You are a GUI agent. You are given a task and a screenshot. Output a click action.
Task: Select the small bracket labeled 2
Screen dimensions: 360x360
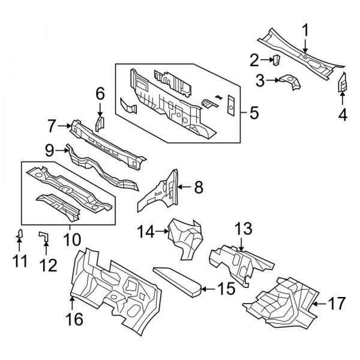click(x=277, y=60)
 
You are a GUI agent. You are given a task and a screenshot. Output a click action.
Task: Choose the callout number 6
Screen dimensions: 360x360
click(x=100, y=93)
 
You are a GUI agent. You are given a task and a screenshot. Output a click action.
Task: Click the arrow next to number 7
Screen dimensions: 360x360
click(x=64, y=125)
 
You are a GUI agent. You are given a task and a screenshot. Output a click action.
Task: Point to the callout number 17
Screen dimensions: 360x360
click(x=337, y=303)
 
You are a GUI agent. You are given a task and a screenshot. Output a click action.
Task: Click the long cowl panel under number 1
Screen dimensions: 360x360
click(x=300, y=54)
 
